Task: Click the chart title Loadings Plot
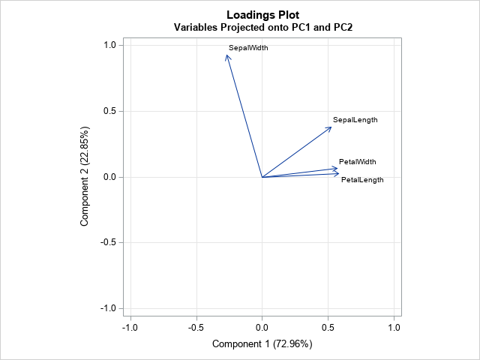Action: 262,14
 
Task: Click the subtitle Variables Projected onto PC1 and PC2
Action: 263,28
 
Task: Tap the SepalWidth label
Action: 248,48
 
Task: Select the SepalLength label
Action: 355,120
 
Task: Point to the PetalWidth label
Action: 357,162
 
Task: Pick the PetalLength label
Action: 362,180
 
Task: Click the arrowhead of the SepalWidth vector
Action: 227,55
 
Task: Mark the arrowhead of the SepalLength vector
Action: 331,127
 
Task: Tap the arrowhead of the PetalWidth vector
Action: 337,169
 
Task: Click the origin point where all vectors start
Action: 262,177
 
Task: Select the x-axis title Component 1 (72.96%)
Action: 262,344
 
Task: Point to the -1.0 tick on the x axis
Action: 130,328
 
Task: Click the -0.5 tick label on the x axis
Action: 196,328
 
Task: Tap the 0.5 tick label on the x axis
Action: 328,328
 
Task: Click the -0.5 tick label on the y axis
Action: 106,243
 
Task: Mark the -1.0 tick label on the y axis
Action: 106,308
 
